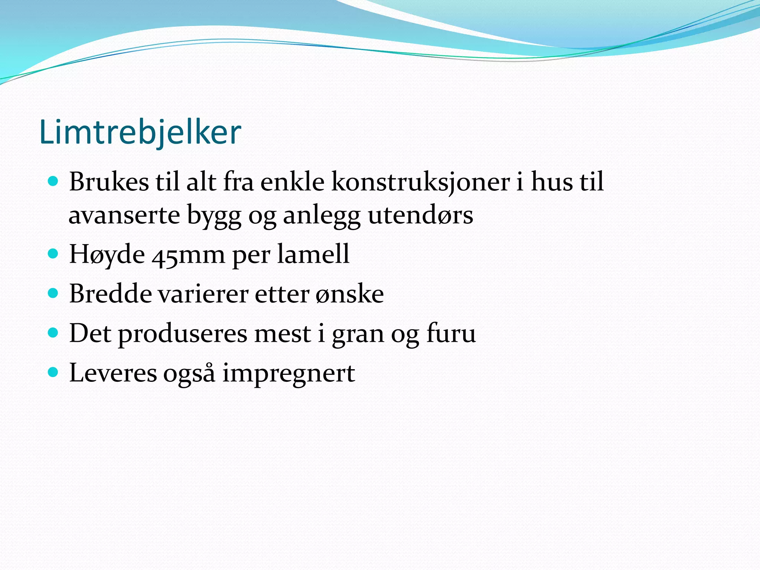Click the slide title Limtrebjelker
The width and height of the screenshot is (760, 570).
click(140, 132)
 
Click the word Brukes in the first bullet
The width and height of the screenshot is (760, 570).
click(109, 182)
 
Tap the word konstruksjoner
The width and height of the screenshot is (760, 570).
click(420, 183)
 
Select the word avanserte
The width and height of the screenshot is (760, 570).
click(124, 215)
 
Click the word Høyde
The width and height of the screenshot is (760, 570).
click(107, 255)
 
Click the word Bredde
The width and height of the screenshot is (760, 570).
click(110, 294)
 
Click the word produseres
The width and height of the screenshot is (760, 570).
click(183, 334)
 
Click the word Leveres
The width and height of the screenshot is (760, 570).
click(113, 373)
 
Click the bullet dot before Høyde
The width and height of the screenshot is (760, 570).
click(53, 254)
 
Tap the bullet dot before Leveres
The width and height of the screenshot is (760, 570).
click(53, 372)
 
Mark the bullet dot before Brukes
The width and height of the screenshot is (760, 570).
click(53, 181)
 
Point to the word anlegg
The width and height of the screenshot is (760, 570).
click(321, 216)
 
